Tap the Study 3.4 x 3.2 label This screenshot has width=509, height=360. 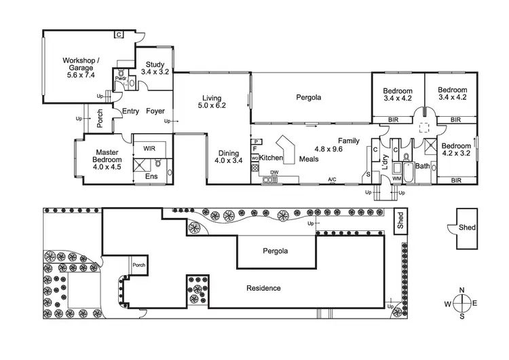pyautogui.click(x=155, y=68)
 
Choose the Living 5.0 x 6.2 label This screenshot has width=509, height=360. pyautogui.click(x=211, y=101)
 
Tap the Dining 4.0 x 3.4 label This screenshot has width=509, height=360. pyautogui.click(x=228, y=157)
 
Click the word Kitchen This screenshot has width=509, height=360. pyautogui.click(x=271, y=158)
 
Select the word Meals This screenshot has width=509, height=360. pyautogui.click(x=309, y=158)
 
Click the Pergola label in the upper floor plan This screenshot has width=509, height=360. pyautogui.click(x=309, y=97)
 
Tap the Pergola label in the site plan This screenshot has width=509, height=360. pyautogui.click(x=276, y=251)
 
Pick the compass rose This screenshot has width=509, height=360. pyautogui.click(x=461, y=303)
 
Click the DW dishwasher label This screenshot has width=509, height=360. pyautogui.click(x=274, y=173)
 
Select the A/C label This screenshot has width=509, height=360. pyautogui.click(x=332, y=180)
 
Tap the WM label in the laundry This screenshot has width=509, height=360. pyautogui.click(x=396, y=178)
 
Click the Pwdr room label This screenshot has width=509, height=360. pyautogui.click(x=120, y=78)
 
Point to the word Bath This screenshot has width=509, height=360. pyautogui.click(x=422, y=166)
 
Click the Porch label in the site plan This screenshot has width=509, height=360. pyautogui.click(x=138, y=265)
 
